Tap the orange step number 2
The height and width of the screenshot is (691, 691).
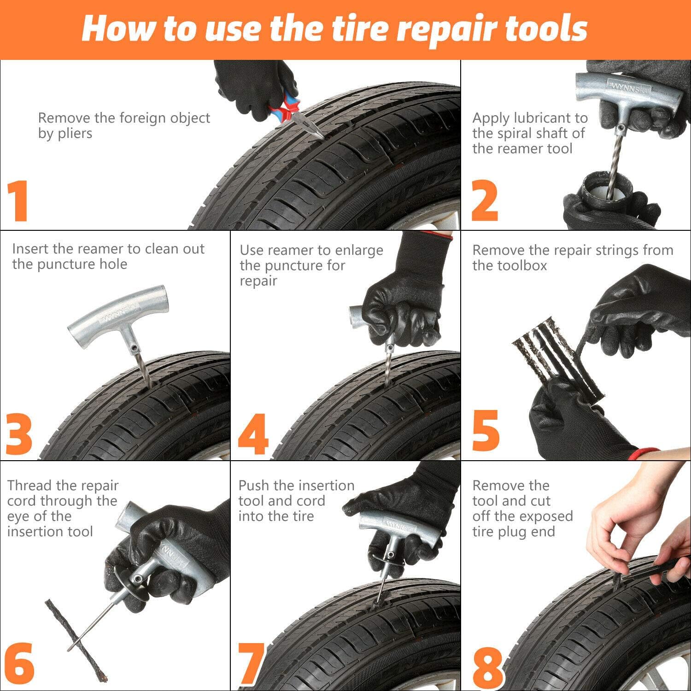click(x=484, y=201)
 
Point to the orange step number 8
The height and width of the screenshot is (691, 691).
click(x=488, y=665)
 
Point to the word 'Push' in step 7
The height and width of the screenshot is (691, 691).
click(x=254, y=486)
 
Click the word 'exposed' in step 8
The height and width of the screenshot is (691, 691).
click(x=545, y=516)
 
